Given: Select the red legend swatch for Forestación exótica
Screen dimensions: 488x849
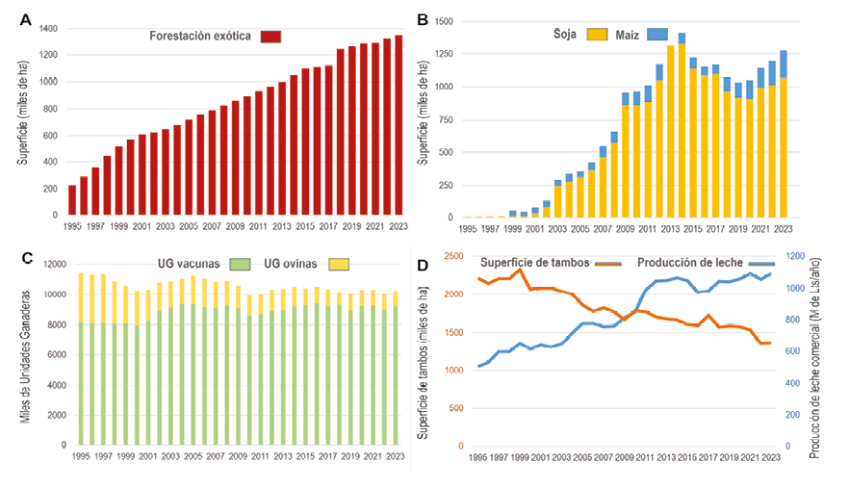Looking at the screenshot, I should [270, 37].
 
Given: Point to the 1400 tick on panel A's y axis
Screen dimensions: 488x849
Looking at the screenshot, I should [48, 29].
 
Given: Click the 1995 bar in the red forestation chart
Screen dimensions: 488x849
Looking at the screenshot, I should [72, 201].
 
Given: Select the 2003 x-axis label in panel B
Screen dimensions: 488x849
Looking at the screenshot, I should [556, 229].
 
